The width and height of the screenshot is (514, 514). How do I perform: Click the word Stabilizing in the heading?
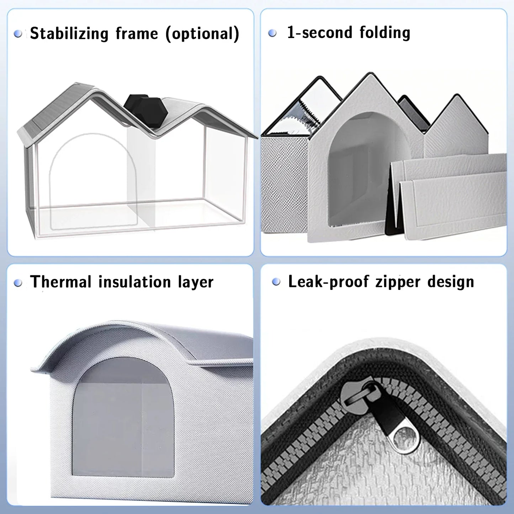click(69, 33)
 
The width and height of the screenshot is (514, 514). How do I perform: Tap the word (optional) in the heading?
click(202, 33)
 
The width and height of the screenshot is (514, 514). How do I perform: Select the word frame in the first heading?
click(137, 33)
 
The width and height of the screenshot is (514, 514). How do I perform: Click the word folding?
click(385, 33)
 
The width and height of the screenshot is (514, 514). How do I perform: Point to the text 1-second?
click(320, 32)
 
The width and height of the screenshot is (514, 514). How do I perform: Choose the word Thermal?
click(61, 282)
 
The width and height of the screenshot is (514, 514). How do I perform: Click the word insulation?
click(135, 282)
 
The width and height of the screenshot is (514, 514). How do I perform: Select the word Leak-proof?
click(328, 282)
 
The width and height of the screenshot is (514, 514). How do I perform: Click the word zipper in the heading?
click(398, 282)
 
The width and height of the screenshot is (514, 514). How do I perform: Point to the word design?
click(451, 282)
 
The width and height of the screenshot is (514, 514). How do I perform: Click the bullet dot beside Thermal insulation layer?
click(18, 283)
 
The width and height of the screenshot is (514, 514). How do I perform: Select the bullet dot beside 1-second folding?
click(272, 33)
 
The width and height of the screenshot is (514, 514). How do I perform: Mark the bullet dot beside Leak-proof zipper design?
click(276, 282)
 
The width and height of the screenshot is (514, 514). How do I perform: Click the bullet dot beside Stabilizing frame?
click(18, 33)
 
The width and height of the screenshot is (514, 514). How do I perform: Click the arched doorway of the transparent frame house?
click(93, 181)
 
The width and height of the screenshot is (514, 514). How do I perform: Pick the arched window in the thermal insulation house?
click(123, 418)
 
